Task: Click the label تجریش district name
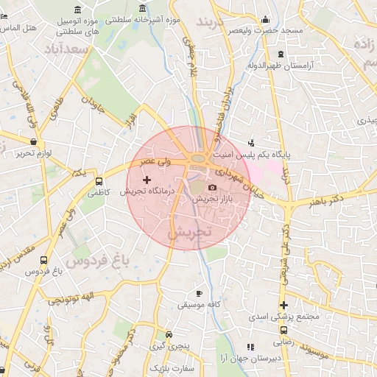189,231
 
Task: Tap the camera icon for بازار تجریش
213,188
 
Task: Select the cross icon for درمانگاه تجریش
146,180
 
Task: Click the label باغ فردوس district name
96,260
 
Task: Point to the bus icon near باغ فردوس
43,261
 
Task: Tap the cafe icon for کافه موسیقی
199,293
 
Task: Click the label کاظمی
97,193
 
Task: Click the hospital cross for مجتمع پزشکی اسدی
283,306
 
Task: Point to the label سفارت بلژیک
169,367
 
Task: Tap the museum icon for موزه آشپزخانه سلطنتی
141,10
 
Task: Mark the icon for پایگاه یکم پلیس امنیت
252,143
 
